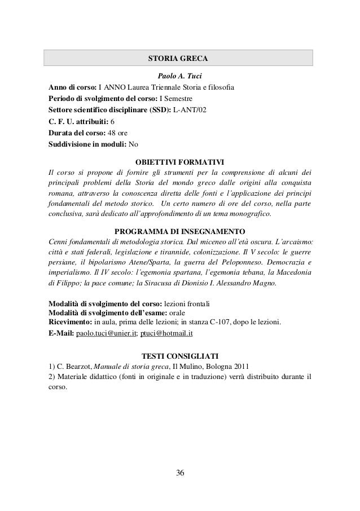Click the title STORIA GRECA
click(x=178, y=58)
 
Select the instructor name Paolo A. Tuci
click(x=179, y=76)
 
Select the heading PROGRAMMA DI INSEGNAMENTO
click(x=179, y=231)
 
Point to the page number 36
click(x=179, y=472)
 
